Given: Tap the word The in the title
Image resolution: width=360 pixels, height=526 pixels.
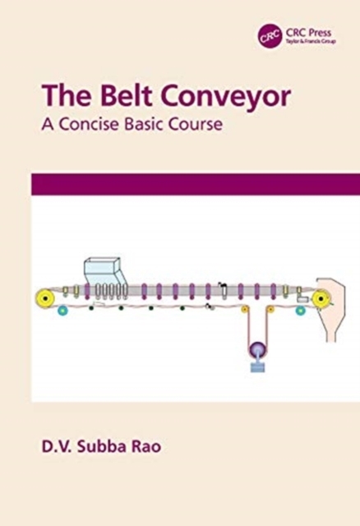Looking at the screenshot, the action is (66, 96).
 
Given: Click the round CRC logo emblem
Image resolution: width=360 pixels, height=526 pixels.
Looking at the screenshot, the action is (270, 37).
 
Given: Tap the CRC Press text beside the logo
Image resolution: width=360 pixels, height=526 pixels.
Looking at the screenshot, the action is (308, 33).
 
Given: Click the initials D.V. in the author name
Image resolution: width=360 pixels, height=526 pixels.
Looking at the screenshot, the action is (56, 445).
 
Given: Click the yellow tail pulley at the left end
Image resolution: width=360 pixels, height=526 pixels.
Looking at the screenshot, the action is (45, 298).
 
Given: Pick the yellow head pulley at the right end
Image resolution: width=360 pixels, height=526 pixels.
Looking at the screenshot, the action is (321, 298).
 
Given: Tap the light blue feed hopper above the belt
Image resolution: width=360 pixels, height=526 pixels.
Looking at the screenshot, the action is (105, 271).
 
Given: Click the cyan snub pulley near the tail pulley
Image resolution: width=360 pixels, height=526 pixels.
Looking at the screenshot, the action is (62, 311).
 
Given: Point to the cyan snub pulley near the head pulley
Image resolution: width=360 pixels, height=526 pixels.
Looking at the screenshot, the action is (300, 311).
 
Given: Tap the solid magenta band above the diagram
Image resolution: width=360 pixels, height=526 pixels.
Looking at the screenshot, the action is (196, 184).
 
